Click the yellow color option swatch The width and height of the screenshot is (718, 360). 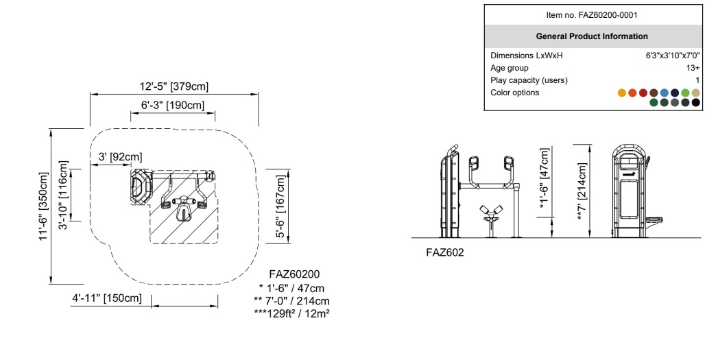point(622,93)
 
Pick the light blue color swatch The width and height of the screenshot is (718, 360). point(665,93)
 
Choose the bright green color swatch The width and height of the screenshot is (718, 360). point(685,93)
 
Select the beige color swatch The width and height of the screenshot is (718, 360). point(695,93)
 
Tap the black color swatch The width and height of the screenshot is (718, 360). point(696,103)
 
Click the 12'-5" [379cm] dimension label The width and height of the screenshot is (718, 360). point(174,86)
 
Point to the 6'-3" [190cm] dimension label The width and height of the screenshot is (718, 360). point(172,105)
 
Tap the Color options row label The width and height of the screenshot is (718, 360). point(514,93)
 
